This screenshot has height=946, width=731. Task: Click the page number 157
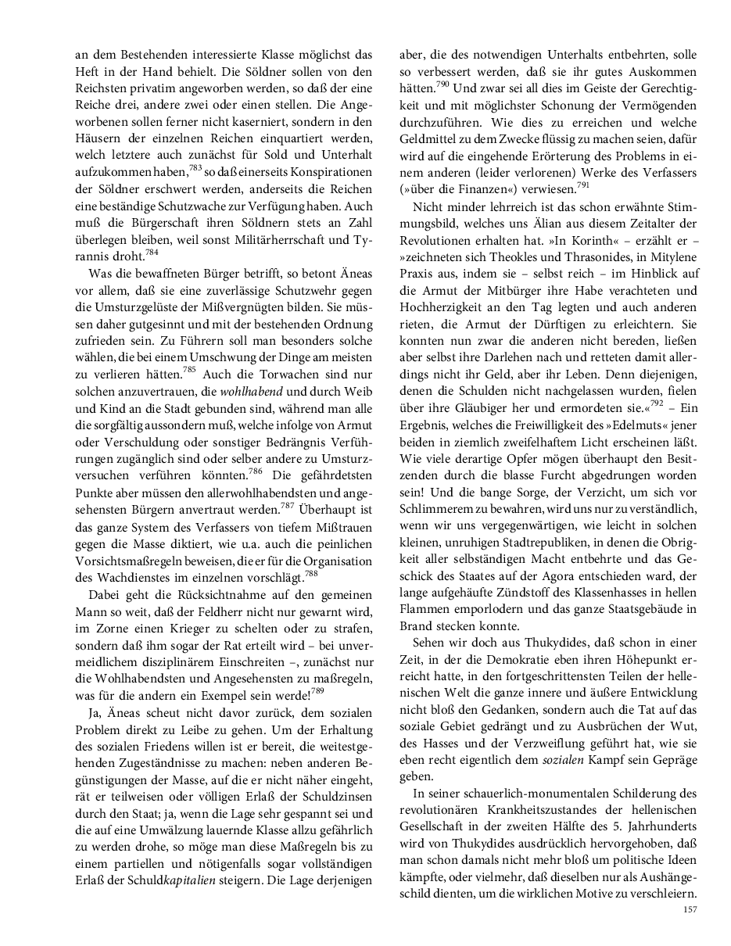pos(690,909)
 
